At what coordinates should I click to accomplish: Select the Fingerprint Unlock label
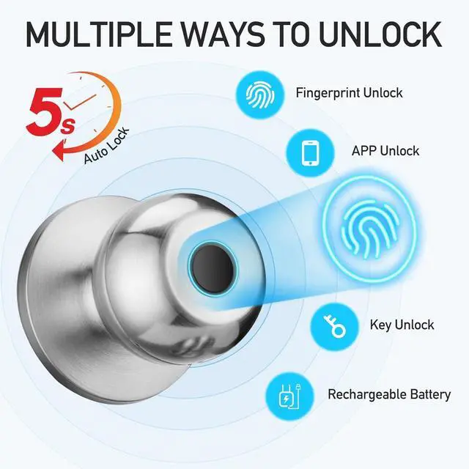coord(349,93)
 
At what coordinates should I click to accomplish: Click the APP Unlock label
coord(385,151)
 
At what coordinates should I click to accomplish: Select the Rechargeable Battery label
coord(388,394)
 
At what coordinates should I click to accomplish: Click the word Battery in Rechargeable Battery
coord(430,394)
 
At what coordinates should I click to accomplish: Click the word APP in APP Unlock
coord(365,151)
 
